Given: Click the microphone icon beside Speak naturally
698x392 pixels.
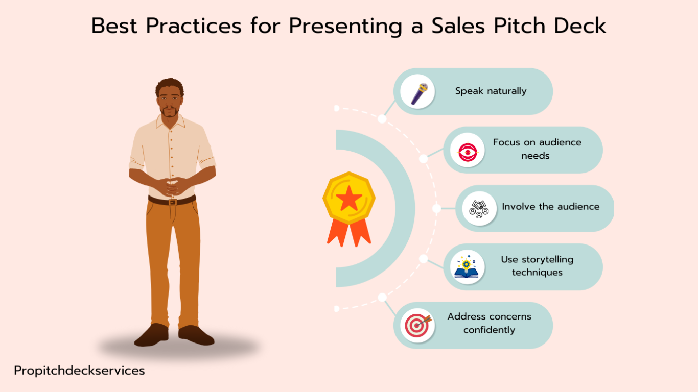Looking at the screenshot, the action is click(x=419, y=93).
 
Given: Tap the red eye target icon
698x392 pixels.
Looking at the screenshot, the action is click(x=468, y=152).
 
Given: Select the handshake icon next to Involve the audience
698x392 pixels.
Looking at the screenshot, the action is click(x=479, y=209).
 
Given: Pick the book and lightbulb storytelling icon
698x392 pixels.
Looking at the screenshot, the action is click(x=467, y=267).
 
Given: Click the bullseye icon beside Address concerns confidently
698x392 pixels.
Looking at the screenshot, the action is click(x=418, y=325).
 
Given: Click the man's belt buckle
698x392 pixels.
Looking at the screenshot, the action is click(x=173, y=203).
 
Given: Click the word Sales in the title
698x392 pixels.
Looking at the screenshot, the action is click(x=458, y=26).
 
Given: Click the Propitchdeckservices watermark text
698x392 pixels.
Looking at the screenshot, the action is click(x=80, y=371).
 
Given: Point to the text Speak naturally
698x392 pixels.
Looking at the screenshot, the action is click(x=491, y=91).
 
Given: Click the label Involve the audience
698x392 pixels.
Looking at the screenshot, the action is click(x=551, y=206).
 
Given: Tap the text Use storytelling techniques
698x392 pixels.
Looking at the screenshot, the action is click(x=537, y=266).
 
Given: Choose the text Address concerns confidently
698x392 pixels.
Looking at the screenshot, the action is click(x=489, y=323).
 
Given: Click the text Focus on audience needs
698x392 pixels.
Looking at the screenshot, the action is click(x=537, y=149).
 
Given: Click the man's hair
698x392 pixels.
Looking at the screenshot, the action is click(x=170, y=85).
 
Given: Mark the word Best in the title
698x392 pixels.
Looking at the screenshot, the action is click(x=114, y=26).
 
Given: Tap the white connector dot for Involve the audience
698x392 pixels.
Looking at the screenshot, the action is click(x=436, y=208).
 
